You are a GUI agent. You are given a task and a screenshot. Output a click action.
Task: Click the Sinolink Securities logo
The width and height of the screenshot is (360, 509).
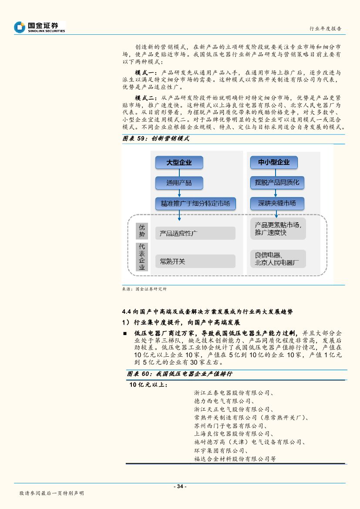pyautogui.click(x=40, y=27)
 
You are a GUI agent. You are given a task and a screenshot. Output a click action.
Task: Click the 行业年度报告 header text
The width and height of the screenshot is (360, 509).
pyautogui.click(x=325, y=28)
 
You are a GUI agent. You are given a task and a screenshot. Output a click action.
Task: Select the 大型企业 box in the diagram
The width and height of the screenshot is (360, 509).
pyautogui.click(x=179, y=163)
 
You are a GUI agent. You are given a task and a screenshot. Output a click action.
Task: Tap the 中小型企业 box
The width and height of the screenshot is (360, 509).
pyautogui.click(x=274, y=163)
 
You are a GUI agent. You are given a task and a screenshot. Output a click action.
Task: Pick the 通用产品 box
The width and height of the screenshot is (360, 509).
pyautogui.click(x=179, y=183)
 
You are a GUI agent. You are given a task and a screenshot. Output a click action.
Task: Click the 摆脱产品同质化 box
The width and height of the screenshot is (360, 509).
pyautogui.click(x=277, y=183)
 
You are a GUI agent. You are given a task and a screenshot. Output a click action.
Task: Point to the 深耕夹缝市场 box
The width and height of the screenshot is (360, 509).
pyautogui.click(x=277, y=203)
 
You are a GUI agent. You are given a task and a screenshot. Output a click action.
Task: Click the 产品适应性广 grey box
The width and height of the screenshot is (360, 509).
pyautogui.click(x=195, y=233)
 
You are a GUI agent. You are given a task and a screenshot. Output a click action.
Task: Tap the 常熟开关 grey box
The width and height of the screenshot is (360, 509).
pyautogui.click(x=195, y=261)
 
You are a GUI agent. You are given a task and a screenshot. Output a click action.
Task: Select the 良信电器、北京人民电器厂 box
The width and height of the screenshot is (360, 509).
pyautogui.click(x=278, y=259)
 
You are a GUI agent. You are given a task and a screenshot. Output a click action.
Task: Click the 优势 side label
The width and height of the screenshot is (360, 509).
pyautogui.click(x=141, y=231)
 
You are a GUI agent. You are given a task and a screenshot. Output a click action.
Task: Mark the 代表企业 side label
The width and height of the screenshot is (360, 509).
pyautogui.click(x=141, y=257)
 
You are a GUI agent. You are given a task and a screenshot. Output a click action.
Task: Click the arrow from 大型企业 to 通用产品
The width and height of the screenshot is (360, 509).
pyautogui.click(x=179, y=173)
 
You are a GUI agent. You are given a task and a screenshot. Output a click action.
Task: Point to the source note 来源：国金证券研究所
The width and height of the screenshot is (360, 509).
pyautogui.click(x=144, y=288)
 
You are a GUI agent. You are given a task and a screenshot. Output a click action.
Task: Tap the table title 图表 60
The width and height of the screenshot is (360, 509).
pyautogui.click(x=179, y=374)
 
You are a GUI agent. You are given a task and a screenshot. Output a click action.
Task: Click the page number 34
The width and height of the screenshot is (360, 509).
pyautogui.click(x=180, y=486)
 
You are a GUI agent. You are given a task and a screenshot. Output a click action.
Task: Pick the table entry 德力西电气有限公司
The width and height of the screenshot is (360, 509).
pyautogui.click(x=222, y=401)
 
